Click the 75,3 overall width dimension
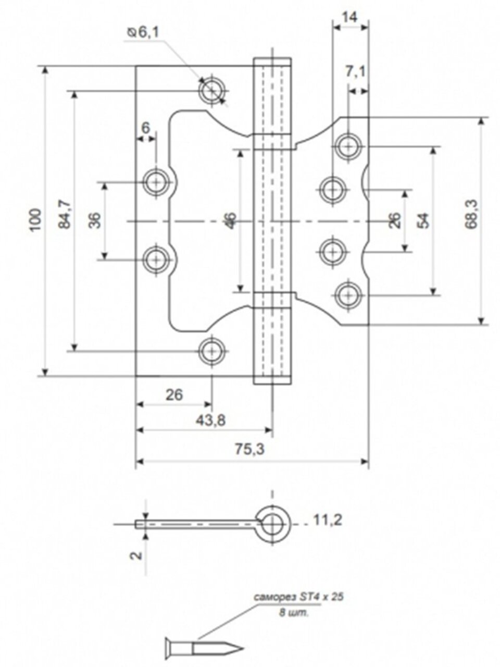click(x=252, y=451)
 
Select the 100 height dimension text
click(x=34, y=220)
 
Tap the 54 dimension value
click(x=424, y=220)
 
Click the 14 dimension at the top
click(x=350, y=17)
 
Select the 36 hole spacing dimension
click(x=94, y=220)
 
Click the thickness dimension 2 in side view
click(x=136, y=555)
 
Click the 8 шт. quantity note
click(x=294, y=613)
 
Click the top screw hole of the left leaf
click(x=212, y=91)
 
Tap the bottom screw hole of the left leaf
click(x=211, y=351)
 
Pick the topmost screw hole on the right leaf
click(x=348, y=146)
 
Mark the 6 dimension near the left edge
click(x=145, y=127)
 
